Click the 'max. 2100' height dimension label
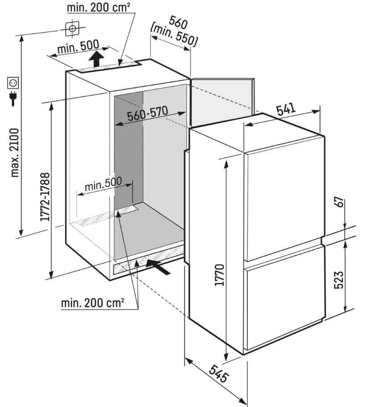[x=14, y=153]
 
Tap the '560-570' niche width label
[x=147, y=115]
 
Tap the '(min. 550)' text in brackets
[x=174, y=34]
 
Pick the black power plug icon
[x=13, y=98]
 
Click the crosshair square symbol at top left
[x=72, y=29]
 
